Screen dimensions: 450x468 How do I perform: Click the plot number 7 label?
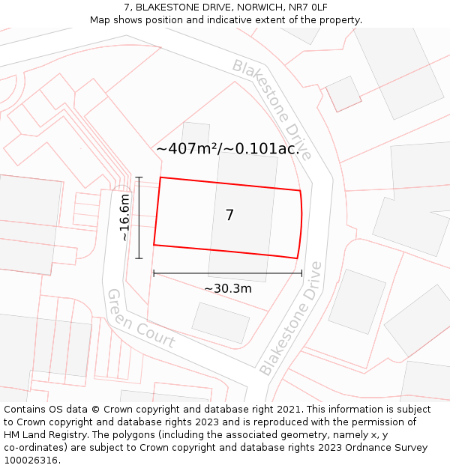(x=229, y=216)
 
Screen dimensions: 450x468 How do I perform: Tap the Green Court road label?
(x=141, y=319)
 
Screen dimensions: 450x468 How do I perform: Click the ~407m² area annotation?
(x=228, y=149)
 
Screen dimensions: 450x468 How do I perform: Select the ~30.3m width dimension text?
(x=228, y=288)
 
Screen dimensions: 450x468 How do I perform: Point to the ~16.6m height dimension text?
(x=124, y=217)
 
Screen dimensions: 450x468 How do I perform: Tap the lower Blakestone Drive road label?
(x=291, y=319)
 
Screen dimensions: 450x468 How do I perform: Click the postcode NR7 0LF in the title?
(x=303, y=7)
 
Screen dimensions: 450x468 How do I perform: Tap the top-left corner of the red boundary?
(x=160, y=178)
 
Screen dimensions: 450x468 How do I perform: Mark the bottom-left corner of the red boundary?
(x=154, y=245)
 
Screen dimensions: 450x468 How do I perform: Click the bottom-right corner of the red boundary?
(x=298, y=258)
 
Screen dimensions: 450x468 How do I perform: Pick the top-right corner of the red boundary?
(x=300, y=191)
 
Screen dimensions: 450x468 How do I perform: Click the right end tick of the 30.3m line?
(x=301, y=273)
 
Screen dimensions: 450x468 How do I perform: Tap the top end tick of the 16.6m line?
(x=139, y=177)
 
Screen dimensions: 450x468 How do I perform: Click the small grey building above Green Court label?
(x=220, y=323)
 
